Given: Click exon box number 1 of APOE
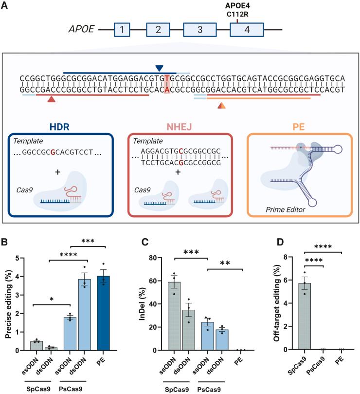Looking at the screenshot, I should click(122, 30).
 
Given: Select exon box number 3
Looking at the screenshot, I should click(199, 30).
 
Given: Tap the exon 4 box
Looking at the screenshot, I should click(247, 30).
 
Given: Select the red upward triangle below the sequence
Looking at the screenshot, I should click(51, 99).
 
